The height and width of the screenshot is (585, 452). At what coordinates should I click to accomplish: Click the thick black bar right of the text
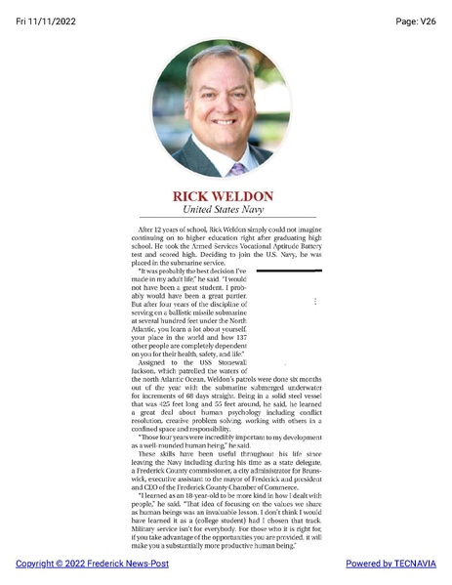point(288,271)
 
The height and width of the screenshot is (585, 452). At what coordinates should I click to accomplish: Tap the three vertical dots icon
point(314,302)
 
